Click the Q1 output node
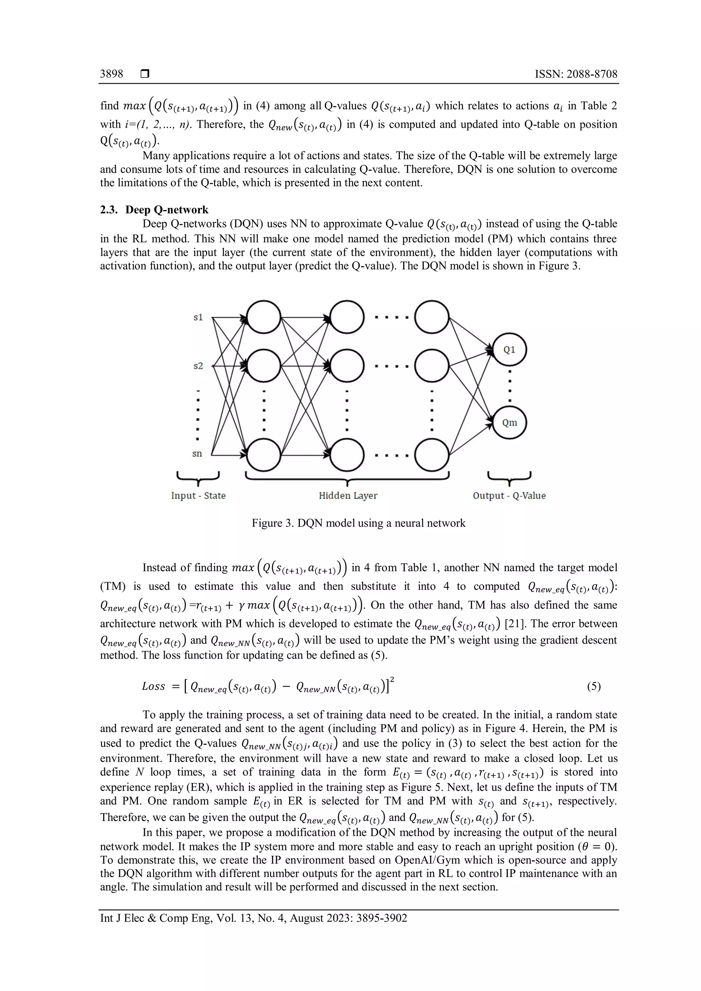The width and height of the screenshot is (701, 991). (x=509, y=350)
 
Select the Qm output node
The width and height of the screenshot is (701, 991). (x=509, y=423)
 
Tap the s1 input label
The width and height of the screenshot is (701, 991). (x=198, y=318)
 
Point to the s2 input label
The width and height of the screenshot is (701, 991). (x=198, y=366)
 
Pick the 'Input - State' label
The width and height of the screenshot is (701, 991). (x=198, y=495)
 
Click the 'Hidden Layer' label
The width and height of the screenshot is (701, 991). (x=348, y=495)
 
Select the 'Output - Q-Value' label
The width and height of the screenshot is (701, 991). (x=509, y=495)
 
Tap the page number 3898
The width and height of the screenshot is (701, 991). (x=111, y=74)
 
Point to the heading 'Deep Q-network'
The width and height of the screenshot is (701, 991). (x=167, y=210)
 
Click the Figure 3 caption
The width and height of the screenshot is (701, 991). (x=358, y=523)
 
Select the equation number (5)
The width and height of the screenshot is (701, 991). (x=594, y=686)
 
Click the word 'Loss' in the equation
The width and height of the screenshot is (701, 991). (x=154, y=686)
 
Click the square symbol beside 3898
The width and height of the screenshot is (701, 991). (x=144, y=74)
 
